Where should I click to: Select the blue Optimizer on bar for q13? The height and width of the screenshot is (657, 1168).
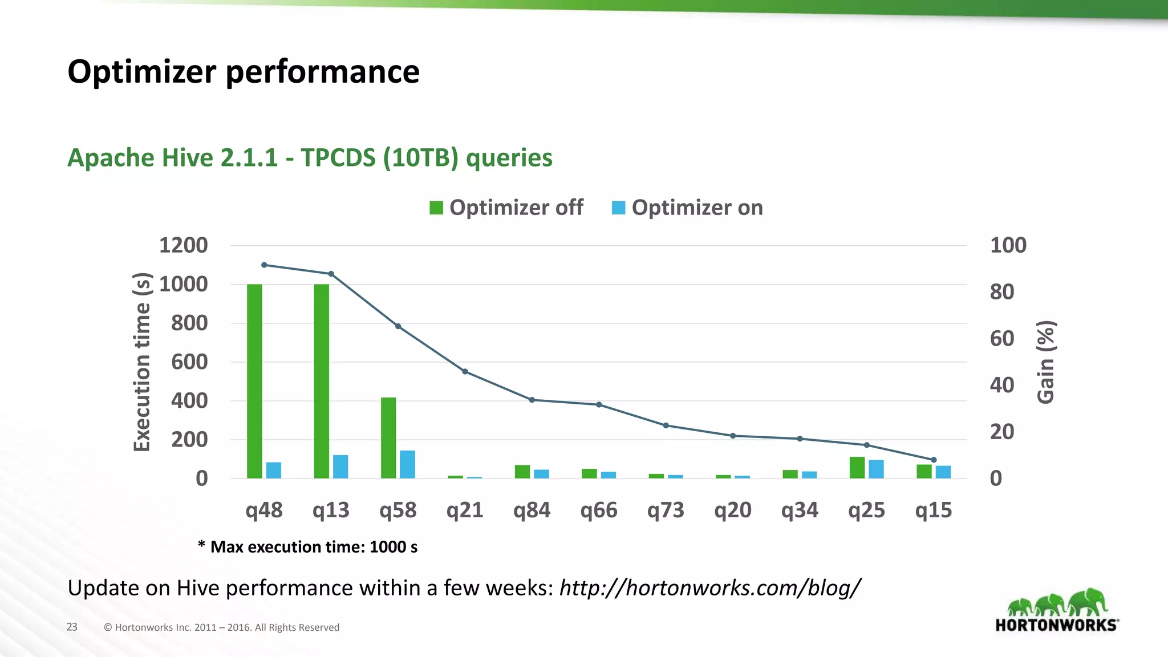click(x=340, y=467)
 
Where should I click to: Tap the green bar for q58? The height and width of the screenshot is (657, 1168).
click(x=388, y=437)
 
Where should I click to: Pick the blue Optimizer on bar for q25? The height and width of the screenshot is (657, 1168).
click(x=876, y=469)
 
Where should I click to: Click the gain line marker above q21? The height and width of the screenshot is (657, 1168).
click(x=465, y=372)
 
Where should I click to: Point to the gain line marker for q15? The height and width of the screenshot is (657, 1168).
click(x=934, y=460)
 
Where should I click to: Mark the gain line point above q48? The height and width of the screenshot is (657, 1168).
click(x=264, y=265)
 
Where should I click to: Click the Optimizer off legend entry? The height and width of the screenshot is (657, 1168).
click(x=506, y=208)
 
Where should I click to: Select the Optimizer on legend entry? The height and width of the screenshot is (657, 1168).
click(x=687, y=208)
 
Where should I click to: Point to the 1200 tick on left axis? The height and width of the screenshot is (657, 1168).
click(x=183, y=245)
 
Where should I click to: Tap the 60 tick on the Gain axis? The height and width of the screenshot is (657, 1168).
click(x=1002, y=339)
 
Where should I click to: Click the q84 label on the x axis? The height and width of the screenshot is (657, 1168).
click(x=532, y=510)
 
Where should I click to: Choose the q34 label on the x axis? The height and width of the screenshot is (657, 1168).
click(x=800, y=510)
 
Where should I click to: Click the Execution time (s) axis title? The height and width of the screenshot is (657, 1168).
click(x=141, y=362)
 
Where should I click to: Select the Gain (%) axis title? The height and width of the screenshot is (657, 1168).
click(x=1046, y=362)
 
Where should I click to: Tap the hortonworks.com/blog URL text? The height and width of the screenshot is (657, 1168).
click(x=709, y=587)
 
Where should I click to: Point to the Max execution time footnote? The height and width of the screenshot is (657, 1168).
click(x=308, y=547)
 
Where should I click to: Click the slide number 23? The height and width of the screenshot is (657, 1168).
click(x=72, y=627)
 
